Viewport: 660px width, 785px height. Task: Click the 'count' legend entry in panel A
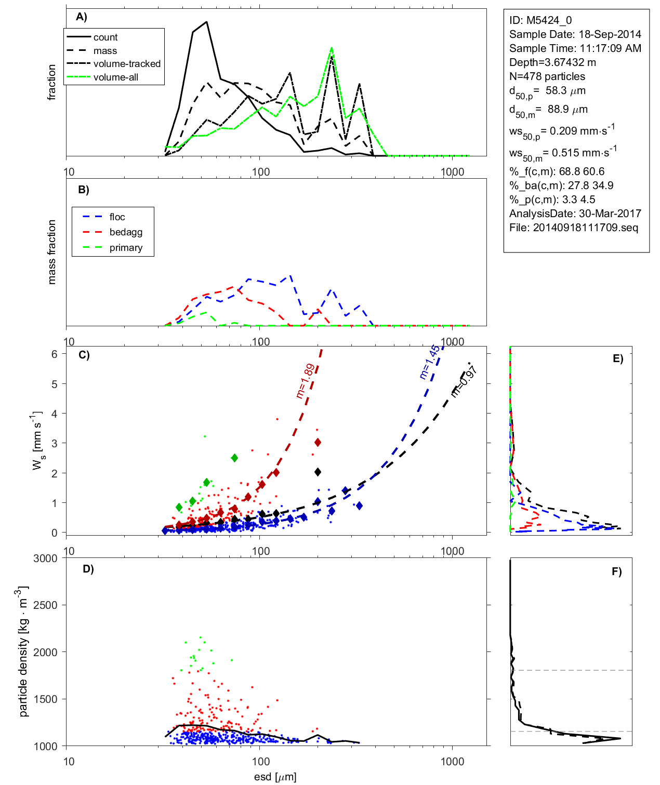105,37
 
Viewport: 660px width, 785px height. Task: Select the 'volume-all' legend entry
116,77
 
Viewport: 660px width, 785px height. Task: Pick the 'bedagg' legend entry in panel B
126,232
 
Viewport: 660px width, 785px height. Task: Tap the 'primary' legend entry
126,248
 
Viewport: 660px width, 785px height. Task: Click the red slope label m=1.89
305,381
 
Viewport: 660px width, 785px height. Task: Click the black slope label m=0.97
464,382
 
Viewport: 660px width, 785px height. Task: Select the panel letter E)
617,358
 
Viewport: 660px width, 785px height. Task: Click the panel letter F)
616,571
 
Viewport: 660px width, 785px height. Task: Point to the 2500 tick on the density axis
46,605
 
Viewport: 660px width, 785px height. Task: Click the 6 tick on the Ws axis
54,354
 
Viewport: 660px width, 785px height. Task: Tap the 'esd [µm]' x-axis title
275,777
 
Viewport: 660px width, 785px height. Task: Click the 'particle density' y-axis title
23,651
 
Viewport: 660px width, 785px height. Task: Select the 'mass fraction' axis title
51,252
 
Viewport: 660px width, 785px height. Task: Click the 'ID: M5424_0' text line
540,20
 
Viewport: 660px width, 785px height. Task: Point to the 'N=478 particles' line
547,76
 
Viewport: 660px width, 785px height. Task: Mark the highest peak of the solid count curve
207,22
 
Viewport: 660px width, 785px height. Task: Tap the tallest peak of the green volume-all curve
332,48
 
